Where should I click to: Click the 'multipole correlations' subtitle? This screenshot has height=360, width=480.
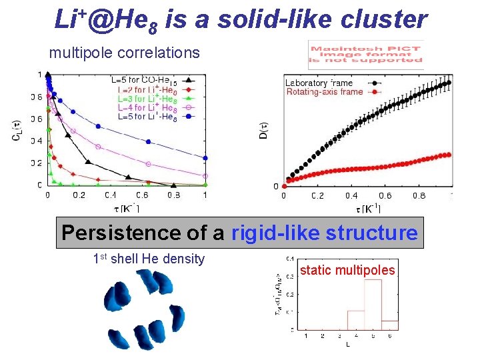[124, 51]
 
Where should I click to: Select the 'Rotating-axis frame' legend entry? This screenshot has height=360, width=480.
[325, 91]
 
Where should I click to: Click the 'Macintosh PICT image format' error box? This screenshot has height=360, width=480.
[365, 55]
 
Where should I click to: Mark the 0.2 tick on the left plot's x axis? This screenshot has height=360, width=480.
[79, 195]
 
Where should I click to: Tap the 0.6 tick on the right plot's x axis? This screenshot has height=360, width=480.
[385, 196]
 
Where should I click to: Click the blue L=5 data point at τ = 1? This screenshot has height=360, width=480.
[206, 159]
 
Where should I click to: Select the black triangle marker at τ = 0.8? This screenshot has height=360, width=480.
[174, 185]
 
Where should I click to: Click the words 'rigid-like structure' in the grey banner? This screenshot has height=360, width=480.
[324, 233]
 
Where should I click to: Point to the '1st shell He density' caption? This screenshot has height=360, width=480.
[148, 259]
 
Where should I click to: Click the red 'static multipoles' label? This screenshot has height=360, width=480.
[347, 270]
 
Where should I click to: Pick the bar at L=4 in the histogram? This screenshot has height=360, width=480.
[355, 320]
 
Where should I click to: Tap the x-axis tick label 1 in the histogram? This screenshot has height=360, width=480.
[306, 335]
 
